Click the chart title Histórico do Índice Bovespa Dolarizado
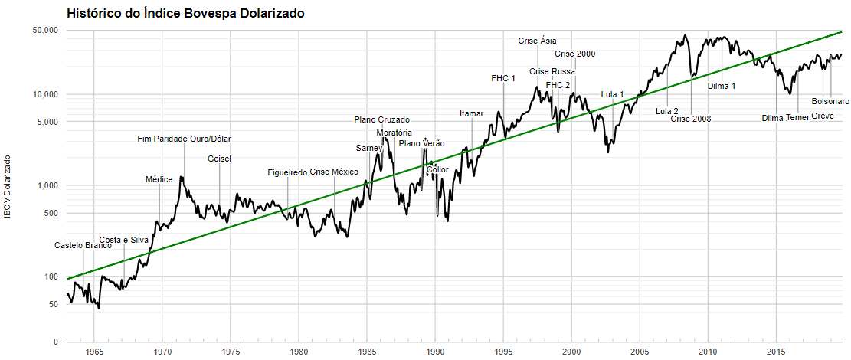(x=185, y=14)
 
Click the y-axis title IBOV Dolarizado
(x=8, y=186)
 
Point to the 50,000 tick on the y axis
(x=45, y=31)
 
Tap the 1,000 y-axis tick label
(x=48, y=185)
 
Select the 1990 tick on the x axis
(x=435, y=352)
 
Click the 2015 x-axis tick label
(x=776, y=352)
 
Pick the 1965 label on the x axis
(x=94, y=352)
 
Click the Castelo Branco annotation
(x=83, y=246)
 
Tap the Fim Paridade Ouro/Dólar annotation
(x=184, y=139)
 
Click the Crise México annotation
(x=334, y=172)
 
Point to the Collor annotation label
(x=437, y=169)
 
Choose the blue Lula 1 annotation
(x=612, y=94)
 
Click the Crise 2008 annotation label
(x=691, y=119)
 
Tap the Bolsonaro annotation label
(x=830, y=101)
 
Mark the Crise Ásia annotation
(x=538, y=41)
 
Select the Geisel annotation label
(x=219, y=159)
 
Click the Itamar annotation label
(x=472, y=113)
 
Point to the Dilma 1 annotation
(x=722, y=86)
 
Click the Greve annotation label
(x=823, y=116)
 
